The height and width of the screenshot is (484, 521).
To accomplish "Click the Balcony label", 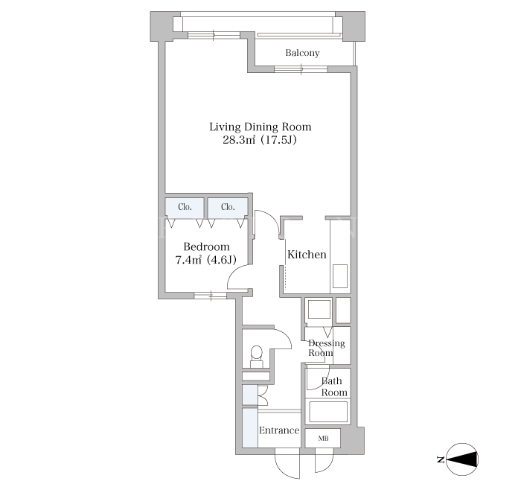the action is tap(302, 53).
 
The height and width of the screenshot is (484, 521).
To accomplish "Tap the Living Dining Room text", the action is tap(260, 127).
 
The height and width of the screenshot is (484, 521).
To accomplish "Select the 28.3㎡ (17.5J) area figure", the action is tap(260, 140).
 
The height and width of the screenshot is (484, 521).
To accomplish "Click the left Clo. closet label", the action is tap(185, 207).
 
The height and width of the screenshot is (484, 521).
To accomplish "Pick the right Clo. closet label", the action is tap(228, 207).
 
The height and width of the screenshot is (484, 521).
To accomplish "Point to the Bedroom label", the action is tap(206, 246).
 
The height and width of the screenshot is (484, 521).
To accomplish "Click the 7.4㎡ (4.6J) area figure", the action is tap(205, 260).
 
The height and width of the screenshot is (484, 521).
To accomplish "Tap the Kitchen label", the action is tap(307, 255).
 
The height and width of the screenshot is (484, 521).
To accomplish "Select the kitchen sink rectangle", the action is tap(340, 276).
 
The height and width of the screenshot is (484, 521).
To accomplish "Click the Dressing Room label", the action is tap(327, 348).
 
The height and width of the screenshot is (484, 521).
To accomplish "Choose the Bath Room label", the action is tap(333, 386).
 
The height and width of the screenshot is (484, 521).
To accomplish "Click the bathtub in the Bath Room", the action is tap(328, 412).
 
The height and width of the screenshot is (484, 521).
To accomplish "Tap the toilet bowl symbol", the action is tap(256, 351).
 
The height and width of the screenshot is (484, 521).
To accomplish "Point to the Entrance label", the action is tap(279, 430).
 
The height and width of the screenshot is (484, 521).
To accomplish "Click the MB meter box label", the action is tap(323, 439).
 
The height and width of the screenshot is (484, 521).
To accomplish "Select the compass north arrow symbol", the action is tap(462, 459).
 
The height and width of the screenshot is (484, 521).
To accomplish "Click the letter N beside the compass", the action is tap(441, 459).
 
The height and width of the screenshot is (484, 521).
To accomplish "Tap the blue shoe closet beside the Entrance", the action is tap(250, 428).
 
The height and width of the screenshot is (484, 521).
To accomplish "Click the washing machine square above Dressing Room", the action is tap(319, 310).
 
